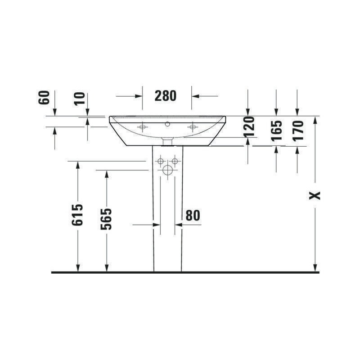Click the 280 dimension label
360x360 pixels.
tap(165, 96)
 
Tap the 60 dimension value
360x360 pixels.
tap(44, 98)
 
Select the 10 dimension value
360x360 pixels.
tap(80, 99)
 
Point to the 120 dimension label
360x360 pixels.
tap(249, 127)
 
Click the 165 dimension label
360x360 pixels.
tap(276, 130)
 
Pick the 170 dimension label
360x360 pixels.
tap(298, 130)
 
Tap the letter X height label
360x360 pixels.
tap(315, 195)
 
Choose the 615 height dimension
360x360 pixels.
tap(77, 215)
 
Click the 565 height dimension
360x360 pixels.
tap(106, 219)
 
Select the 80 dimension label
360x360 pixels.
tap(193, 216)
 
